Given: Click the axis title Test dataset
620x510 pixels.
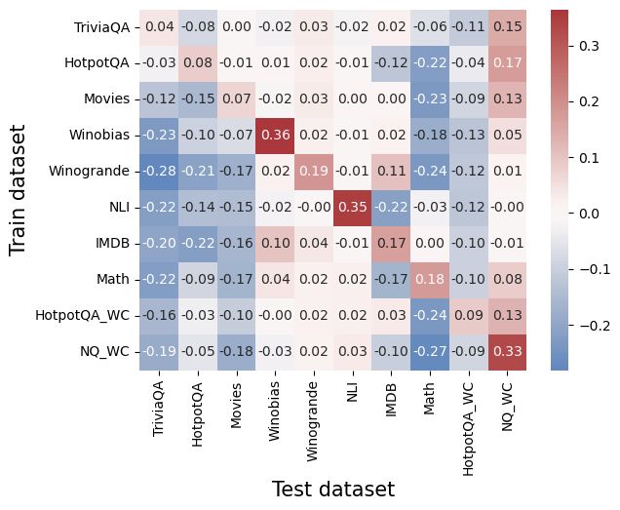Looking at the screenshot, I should pyautogui.click(x=332, y=489).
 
